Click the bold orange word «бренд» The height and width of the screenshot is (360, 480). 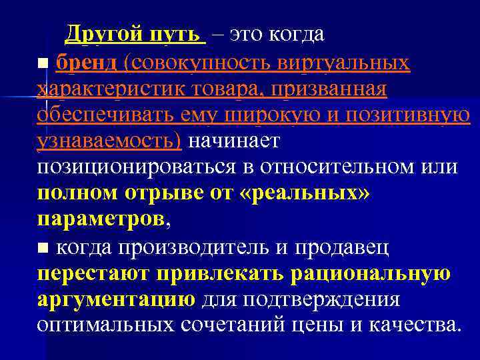[87, 63]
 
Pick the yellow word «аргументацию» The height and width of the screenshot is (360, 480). [116, 299]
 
